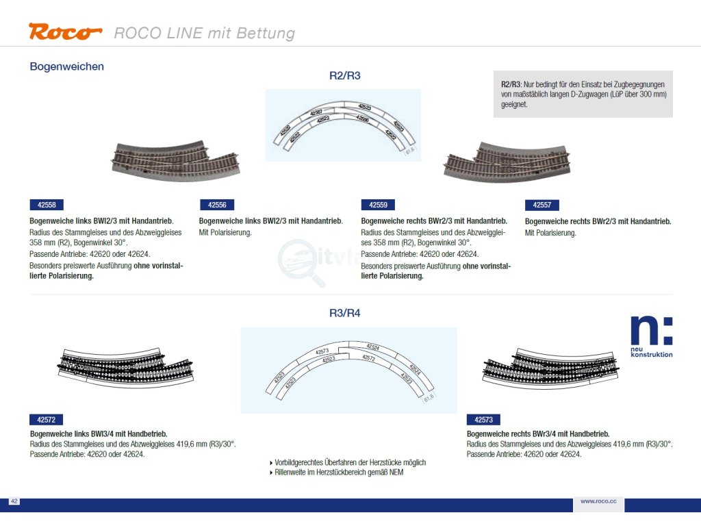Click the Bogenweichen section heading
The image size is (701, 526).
click(x=67, y=66)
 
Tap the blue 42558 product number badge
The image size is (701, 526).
click(x=47, y=205)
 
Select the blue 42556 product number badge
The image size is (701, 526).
click(x=217, y=205)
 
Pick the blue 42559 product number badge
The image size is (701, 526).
click(x=378, y=205)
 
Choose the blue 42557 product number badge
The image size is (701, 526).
click(x=542, y=205)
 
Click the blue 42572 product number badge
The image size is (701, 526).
click(x=47, y=420)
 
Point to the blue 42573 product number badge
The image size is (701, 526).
click(x=483, y=420)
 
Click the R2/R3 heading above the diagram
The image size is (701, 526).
click(x=344, y=76)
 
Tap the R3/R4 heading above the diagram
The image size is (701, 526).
click(x=344, y=314)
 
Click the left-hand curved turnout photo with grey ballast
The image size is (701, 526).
click(x=168, y=160)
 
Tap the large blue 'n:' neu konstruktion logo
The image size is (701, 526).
click(x=651, y=336)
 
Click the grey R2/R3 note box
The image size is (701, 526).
click(x=583, y=94)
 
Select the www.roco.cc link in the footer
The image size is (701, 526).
click(x=598, y=502)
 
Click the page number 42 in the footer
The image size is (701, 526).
click(x=14, y=502)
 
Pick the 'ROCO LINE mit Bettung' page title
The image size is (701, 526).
click(x=204, y=33)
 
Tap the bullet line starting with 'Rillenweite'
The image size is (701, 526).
click(x=340, y=473)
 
